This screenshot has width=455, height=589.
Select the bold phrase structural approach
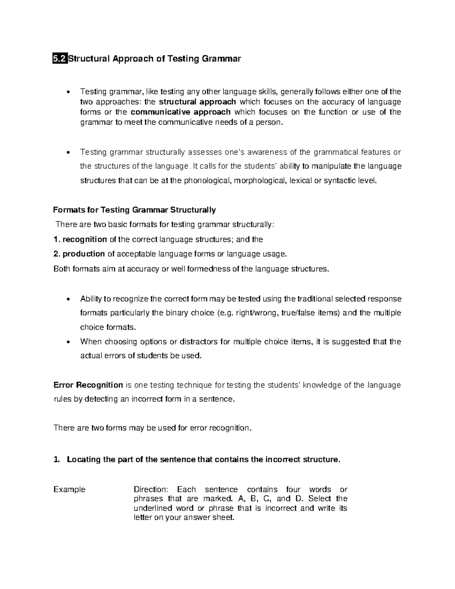pos(197,102)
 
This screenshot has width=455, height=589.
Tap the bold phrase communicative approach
pos(180,112)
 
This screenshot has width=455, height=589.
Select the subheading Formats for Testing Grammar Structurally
pos(135,210)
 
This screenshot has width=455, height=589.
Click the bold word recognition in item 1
pos(85,239)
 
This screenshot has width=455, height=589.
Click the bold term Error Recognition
pos(88,385)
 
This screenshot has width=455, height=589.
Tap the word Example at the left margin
pos(69,490)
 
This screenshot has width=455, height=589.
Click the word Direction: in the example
pos(151,490)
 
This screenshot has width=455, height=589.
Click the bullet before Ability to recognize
pos(68,299)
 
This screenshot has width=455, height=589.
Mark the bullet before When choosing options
pos(68,342)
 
